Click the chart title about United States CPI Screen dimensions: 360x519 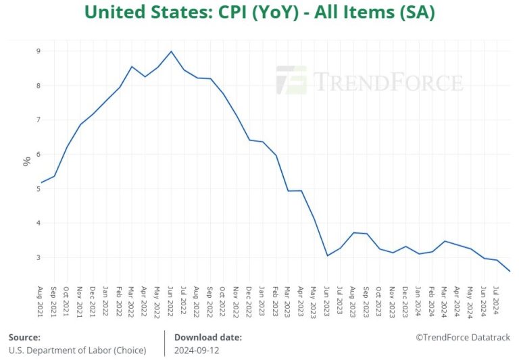click(259, 12)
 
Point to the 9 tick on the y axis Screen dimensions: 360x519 click(39, 51)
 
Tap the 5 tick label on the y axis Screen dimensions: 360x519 click(39, 188)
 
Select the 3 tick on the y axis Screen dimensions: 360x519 click(39, 257)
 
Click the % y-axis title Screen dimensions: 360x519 click(26, 161)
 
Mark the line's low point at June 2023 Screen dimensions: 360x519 click(327, 255)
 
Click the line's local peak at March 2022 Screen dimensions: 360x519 click(132, 66)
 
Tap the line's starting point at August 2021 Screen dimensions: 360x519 click(42, 182)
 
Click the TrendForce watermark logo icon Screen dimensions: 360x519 click(291, 80)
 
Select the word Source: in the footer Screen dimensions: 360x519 click(24, 337)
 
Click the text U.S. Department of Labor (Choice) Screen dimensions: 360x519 click(76, 351)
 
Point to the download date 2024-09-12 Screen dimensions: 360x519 click(197, 351)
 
